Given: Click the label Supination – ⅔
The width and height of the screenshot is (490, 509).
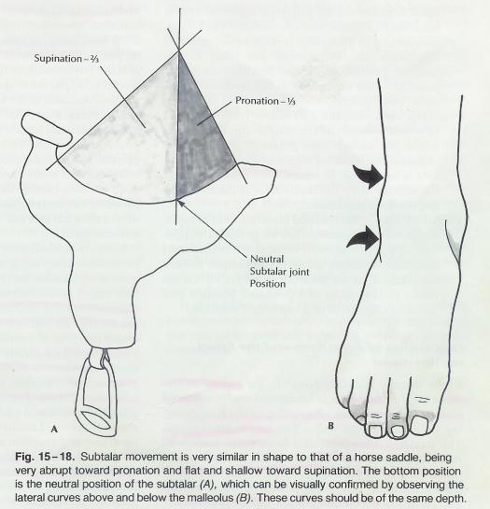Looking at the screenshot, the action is point(66,59).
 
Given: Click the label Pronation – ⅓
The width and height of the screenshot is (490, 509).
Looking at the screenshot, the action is point(265,101).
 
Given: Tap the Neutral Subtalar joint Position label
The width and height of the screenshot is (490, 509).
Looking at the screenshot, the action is point(280,272).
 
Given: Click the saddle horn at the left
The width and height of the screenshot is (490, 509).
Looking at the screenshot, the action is point(47,129).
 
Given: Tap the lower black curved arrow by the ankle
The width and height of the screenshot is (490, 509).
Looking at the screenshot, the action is point(364,238).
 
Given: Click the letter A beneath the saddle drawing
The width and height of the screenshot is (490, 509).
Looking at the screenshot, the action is point(54,429).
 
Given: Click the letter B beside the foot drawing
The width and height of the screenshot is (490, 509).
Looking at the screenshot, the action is point(330,426).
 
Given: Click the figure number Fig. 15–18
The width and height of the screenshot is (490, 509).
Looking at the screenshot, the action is point(45,457).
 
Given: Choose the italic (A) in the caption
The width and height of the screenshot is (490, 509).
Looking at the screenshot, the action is point(207,484).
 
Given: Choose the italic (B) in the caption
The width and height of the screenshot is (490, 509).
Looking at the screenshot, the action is point(244,498).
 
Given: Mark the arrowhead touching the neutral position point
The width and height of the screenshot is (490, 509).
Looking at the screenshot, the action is point(180,204).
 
